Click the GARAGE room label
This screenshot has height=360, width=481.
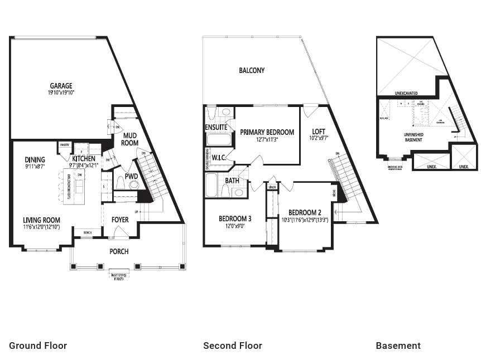point(61,86)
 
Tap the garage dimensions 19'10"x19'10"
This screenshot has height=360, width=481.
point(61,93)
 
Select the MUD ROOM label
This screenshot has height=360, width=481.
point(130,139)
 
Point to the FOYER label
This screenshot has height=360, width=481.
point(120,220)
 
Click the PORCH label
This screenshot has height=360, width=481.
point(118,251)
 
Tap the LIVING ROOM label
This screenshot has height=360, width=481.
point(41,220)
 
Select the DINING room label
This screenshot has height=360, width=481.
point(35,160)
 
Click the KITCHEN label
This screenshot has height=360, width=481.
point(84,159)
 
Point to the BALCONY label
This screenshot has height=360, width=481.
point(252,71)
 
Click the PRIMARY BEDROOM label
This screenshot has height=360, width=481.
point(267,132)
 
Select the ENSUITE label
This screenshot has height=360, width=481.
point(216,127)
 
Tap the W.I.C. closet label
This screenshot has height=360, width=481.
point(219,157)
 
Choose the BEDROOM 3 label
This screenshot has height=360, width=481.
point(234,219)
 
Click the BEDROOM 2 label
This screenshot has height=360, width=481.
point(305,212)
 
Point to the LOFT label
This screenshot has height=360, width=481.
point(319,132)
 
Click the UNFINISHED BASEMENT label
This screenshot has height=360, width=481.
point(413,137)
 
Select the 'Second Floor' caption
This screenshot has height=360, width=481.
point(232,346)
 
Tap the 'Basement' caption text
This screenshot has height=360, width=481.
point(398,346)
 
